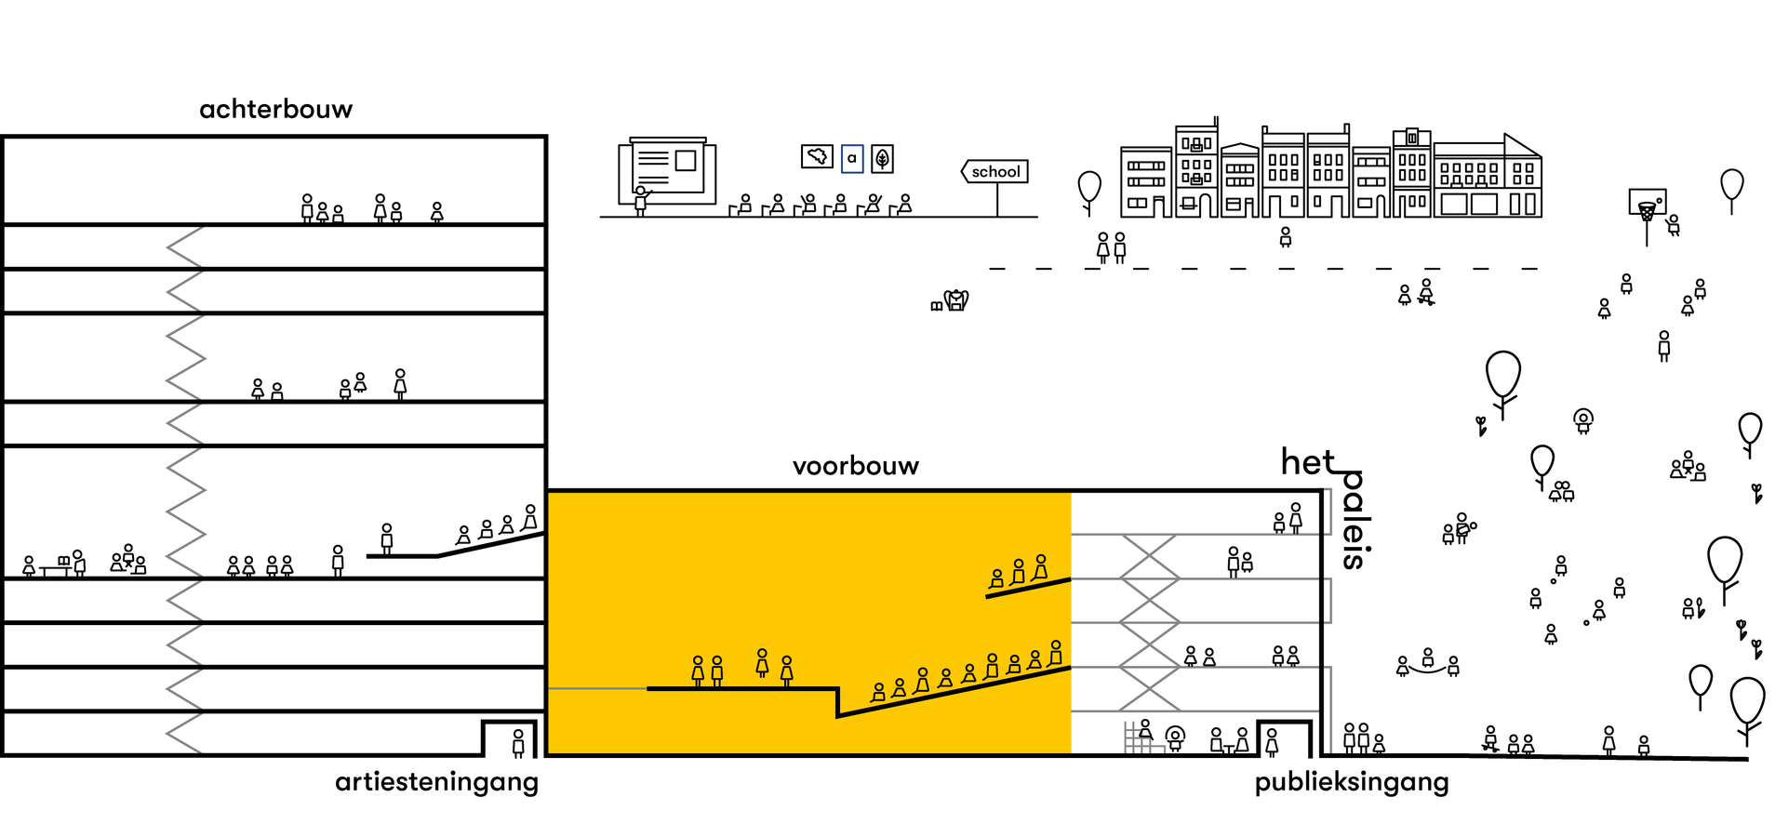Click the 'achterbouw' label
click(276, 110)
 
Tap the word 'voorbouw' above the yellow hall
click(855, 466)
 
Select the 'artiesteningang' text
click(436, 782)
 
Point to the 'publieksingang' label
click(1351, 782)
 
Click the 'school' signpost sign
click(995, 172)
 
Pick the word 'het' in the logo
click(1307, 462)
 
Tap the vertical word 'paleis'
click(1354, 521)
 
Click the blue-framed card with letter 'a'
click(851, 158)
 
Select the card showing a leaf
click(882, 159)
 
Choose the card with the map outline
click(817, 156)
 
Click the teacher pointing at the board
click(640, 201)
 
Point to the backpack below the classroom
click(956, 300)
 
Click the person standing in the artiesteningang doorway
click(518, 742)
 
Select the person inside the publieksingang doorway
click(1272, 741)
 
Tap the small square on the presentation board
click(686, 161)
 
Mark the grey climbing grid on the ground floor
click(1137, 738)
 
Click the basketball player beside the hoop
click(1673, 225)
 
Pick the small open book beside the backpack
click(936, 306)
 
